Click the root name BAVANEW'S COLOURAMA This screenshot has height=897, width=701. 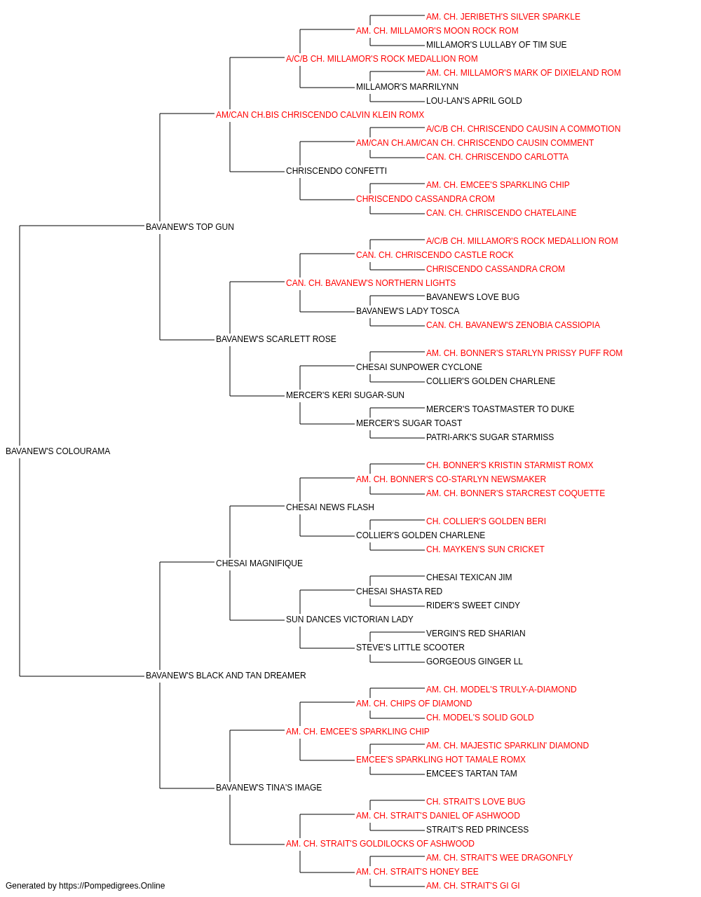[57, 451]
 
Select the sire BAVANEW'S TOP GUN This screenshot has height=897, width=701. [190, 227]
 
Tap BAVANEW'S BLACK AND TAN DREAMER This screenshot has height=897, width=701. [226, 676]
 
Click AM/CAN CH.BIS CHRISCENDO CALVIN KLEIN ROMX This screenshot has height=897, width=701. [320, 115]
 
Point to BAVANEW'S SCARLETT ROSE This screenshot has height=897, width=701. [275, 339]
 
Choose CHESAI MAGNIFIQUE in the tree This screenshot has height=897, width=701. [259, 563]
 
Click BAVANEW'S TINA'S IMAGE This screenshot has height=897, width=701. [268, 788]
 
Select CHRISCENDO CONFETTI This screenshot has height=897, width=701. [336, 171]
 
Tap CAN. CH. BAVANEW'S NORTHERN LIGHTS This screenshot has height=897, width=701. [371, 283]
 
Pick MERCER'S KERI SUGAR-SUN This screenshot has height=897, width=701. [345, 395]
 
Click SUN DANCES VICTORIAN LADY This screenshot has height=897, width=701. [350, 619]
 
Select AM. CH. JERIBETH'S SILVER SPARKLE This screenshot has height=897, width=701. [503, 17]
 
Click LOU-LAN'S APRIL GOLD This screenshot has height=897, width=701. [474, 101]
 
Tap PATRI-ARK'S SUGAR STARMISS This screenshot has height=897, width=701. [490, 437]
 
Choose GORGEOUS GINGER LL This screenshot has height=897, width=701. [475, 662]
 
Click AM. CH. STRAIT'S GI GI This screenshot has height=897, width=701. [473, 886]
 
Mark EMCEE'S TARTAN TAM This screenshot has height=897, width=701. [472, 774]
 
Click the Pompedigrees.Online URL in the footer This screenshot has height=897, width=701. [112, 886]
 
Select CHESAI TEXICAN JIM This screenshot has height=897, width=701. [469, 577]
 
